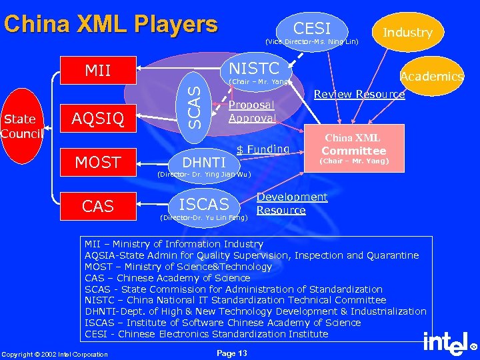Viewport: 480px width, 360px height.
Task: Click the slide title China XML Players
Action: (x=111, y=25)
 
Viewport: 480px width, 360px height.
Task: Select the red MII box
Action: (x=97, y=70)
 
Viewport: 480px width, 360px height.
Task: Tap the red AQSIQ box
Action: (x=97, y=118)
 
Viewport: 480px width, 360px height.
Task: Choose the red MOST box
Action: (x=97, y=162)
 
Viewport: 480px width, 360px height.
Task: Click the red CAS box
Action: (x=97, y=206)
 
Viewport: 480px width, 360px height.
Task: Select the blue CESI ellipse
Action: (x=312, y=29)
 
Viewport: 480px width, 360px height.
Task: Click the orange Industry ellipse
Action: (x=407, y=32)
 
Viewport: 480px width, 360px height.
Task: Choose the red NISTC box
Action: (x=254, y=67)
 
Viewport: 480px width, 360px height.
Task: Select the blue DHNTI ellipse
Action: (x=204, y=162)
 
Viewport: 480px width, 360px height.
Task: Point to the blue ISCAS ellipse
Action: (x=204, y=205)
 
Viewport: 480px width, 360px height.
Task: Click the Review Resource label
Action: (x=359, y=94)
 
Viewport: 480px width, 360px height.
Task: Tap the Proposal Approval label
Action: (x=251, y=111)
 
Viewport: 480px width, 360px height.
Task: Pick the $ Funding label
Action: (x=263, y=149)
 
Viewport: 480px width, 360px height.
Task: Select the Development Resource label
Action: (x=291, y=203)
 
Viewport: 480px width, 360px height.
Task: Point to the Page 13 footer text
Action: (x=232, y=353)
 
